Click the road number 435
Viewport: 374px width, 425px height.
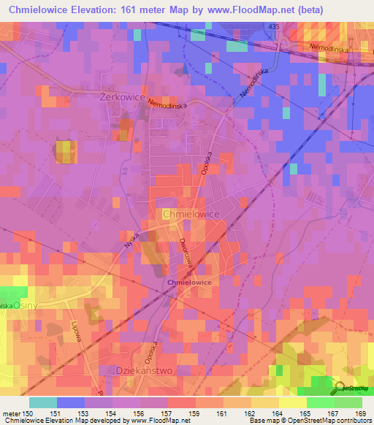294,26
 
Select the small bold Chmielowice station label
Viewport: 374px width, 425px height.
190,282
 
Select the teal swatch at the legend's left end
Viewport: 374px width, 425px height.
42,402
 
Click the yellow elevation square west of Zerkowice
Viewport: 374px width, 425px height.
65,152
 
